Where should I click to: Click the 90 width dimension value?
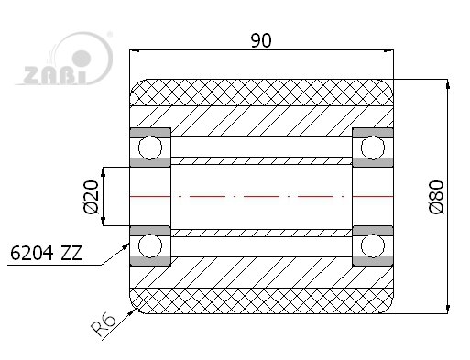(x=261, y=41)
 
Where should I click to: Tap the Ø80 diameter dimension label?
(x=436, y=197)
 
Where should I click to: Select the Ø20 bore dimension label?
(x=91, y=197)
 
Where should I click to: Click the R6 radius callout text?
(x=104, y=324)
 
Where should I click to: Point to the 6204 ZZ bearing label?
(x=46, y=253)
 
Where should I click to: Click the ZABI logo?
(x=64, y=59)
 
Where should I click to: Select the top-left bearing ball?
(x=150, y=147)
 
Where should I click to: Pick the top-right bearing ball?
(x=373, y=147)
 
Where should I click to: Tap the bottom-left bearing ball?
(x=150, y=245)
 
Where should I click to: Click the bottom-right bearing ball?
(x=373, y=245)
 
